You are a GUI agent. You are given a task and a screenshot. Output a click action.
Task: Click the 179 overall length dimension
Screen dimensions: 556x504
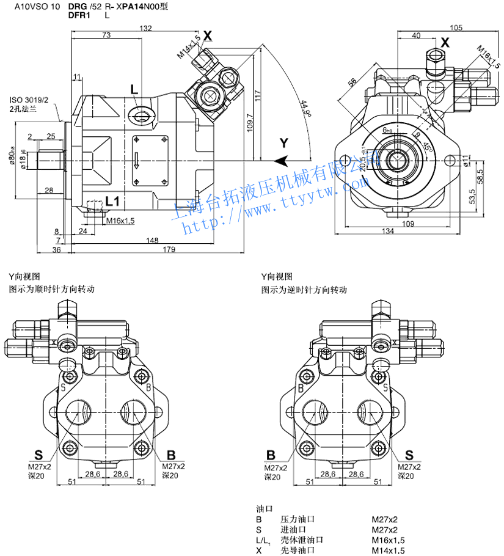tap(169, 249)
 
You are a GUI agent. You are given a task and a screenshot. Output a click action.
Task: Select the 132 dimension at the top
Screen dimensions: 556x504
tap(145, 29)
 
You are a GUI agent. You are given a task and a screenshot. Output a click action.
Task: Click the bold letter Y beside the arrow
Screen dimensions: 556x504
tap(283, 143)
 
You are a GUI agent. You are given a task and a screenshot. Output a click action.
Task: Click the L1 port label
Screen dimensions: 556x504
tap(112, 200)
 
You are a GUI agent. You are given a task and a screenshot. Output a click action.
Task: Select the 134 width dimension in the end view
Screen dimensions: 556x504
tap(387, 230)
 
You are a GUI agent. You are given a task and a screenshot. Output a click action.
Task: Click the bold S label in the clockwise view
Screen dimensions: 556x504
tap(38, 455)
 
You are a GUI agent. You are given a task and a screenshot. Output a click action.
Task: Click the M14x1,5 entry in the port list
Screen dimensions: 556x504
tap(388, 551)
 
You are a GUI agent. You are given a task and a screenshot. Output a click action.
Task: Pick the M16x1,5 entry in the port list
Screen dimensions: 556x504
tap(388, 540)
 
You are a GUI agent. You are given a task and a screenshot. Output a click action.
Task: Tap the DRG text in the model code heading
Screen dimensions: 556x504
tap(78, 6)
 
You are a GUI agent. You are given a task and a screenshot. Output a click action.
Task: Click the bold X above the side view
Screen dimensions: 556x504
tap(208, 36)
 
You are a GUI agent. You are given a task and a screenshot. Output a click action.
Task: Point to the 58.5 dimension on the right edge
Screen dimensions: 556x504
tap(481, 177)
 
